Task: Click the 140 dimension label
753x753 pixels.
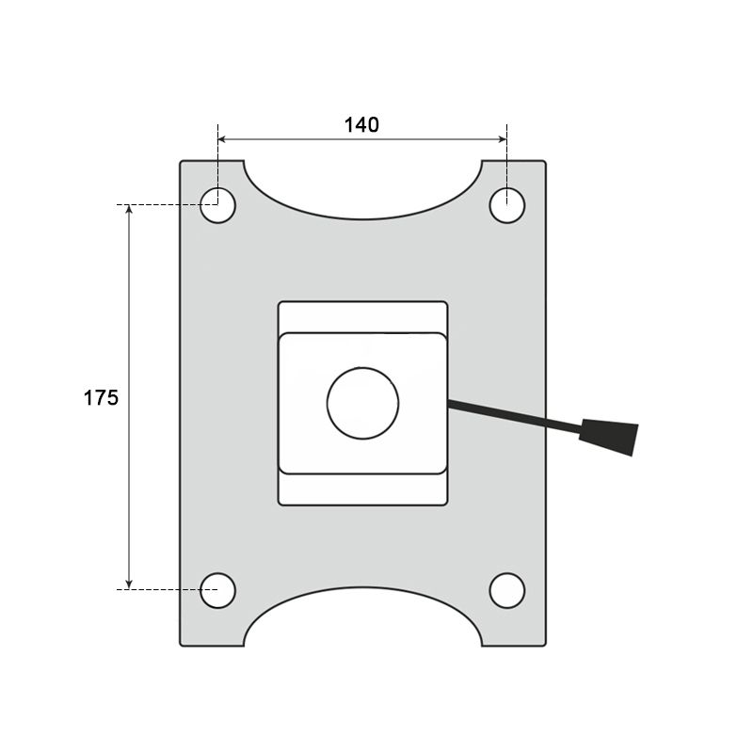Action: tap(361, 125)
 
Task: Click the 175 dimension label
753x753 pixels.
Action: tap(101, 398)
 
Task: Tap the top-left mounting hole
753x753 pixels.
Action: tap(217, 205)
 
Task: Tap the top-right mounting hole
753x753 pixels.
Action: tap(507, 205)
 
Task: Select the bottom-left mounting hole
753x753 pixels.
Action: tap(217, 590)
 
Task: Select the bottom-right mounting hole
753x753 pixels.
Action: tap(507, 590)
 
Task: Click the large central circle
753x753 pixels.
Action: tap(362, 404)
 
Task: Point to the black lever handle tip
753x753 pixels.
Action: tap(609, 437)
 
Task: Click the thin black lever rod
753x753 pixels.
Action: tap(514, 417)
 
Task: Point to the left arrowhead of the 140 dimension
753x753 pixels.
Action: tap(222, 139)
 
